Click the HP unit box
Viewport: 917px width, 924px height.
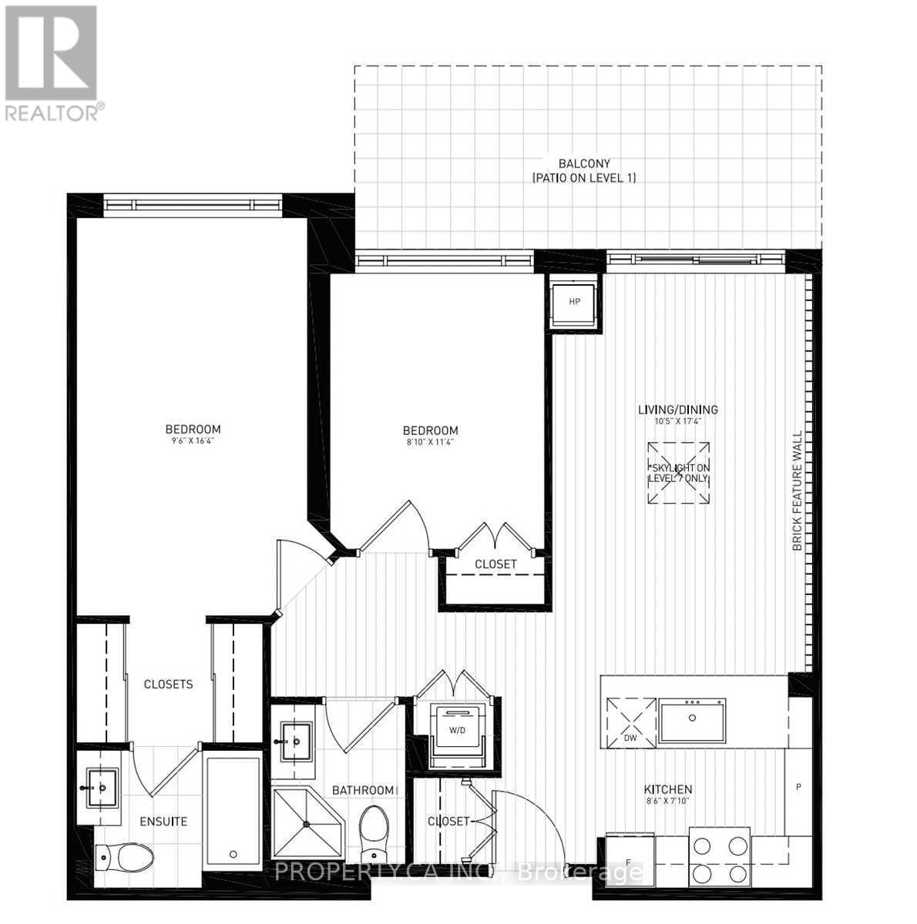(x=574, y=302)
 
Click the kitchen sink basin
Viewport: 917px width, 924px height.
(x=692, y=719)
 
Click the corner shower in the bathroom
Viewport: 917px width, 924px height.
(x=307, y=825)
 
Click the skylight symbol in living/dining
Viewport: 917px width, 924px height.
(x=677, y=474)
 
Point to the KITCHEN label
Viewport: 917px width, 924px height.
(x=668, y=789)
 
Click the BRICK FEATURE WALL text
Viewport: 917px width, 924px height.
(x=798, y=491)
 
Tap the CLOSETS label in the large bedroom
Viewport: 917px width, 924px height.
(x=168, y=684)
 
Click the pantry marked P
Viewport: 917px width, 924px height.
(x=798, y=787)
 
